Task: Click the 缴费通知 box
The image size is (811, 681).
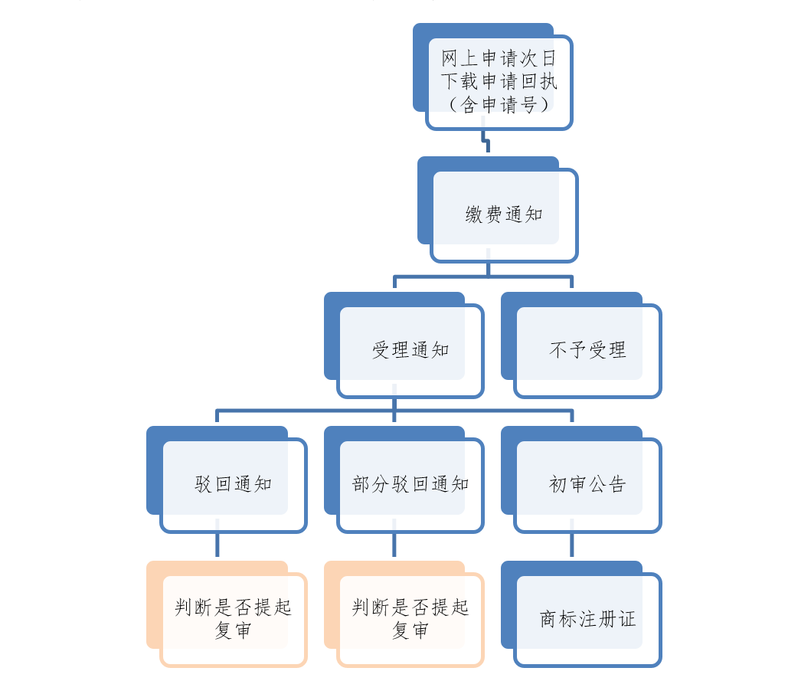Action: coord(504,215)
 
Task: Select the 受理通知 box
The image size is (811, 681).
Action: coord(410,351)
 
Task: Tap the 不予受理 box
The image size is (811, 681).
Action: coord(587,351)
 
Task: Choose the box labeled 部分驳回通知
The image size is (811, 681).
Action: coord(410,484)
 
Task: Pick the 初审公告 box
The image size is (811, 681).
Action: coord(587,484)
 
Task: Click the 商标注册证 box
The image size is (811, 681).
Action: coord(587,619)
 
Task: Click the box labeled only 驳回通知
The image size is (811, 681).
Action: coord(234,484)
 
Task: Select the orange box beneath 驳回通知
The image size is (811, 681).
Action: coord(234,619)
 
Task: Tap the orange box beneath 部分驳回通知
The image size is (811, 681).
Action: coord(410,619)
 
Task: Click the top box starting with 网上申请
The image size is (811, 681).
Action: coord(499,81)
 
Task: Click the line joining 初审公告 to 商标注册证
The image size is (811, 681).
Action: coord(572,547)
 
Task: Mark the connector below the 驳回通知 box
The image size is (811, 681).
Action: coord(217,547)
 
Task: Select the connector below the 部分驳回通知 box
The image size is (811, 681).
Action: coord(394,547)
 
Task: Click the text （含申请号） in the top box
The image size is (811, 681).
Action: coord(499,105)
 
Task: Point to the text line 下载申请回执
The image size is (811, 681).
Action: coord(499,81)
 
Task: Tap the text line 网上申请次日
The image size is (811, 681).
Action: coord(499,58)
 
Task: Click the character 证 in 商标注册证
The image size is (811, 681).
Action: coord(627,619)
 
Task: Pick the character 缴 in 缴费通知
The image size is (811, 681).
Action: coord(475,215)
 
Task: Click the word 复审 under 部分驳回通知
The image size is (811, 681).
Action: coord(410,630)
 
